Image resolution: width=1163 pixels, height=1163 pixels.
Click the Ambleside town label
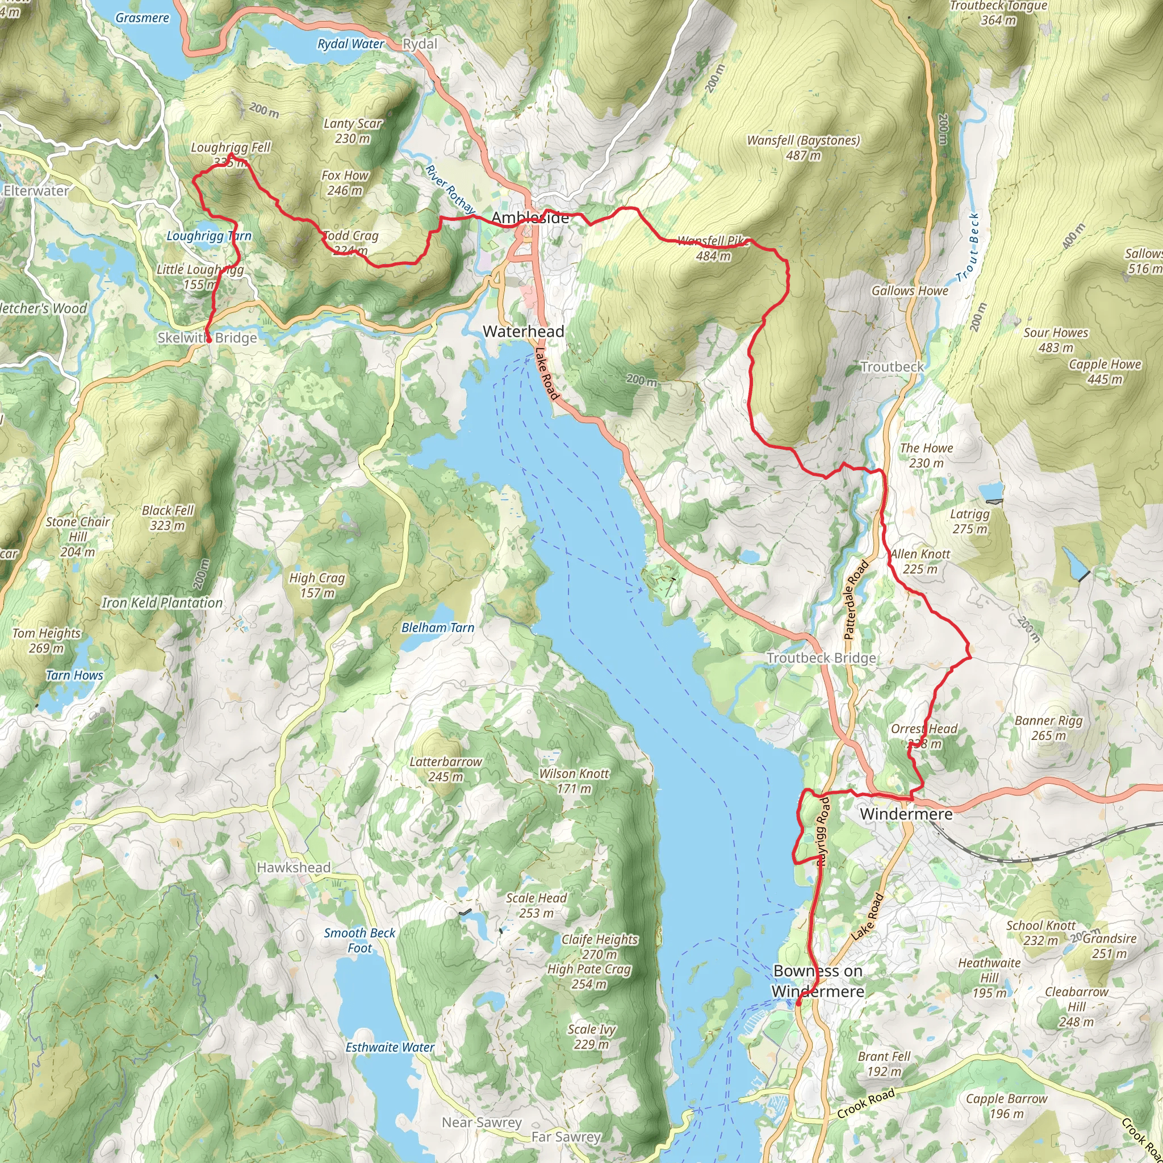(x=530, y=217)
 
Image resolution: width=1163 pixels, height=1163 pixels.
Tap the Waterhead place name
(x=523, y=331)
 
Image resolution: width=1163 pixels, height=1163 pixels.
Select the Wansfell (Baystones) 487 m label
(x=803, y=148)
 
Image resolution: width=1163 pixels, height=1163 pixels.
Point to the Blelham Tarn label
(x=438, y=628)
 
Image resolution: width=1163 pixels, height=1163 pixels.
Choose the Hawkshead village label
(x=293, y=868)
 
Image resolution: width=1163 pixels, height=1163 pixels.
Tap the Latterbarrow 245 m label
(x=445, y=769)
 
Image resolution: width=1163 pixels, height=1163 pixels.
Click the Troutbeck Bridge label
(x=821, y=658)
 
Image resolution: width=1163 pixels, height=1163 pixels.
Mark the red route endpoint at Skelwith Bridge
(x=209, y=340)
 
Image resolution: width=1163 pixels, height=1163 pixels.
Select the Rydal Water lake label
(x=350, y=44)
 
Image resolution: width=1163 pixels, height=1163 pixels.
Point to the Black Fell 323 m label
(x=168, y=518)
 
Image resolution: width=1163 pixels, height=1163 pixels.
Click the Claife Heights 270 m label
(x=599, y=946)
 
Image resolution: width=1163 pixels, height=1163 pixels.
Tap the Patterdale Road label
(x=856, y=600)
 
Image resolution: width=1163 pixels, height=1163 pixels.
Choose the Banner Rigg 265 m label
(x=1048, y=728)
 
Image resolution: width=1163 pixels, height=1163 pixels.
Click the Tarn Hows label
(x=74, y=675)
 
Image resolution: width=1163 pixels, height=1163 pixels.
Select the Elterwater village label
(x=36, y=191)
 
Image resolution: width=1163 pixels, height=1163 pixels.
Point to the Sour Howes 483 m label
(x=1055, y=340)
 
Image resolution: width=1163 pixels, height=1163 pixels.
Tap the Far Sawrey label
(x=566, y=1137)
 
